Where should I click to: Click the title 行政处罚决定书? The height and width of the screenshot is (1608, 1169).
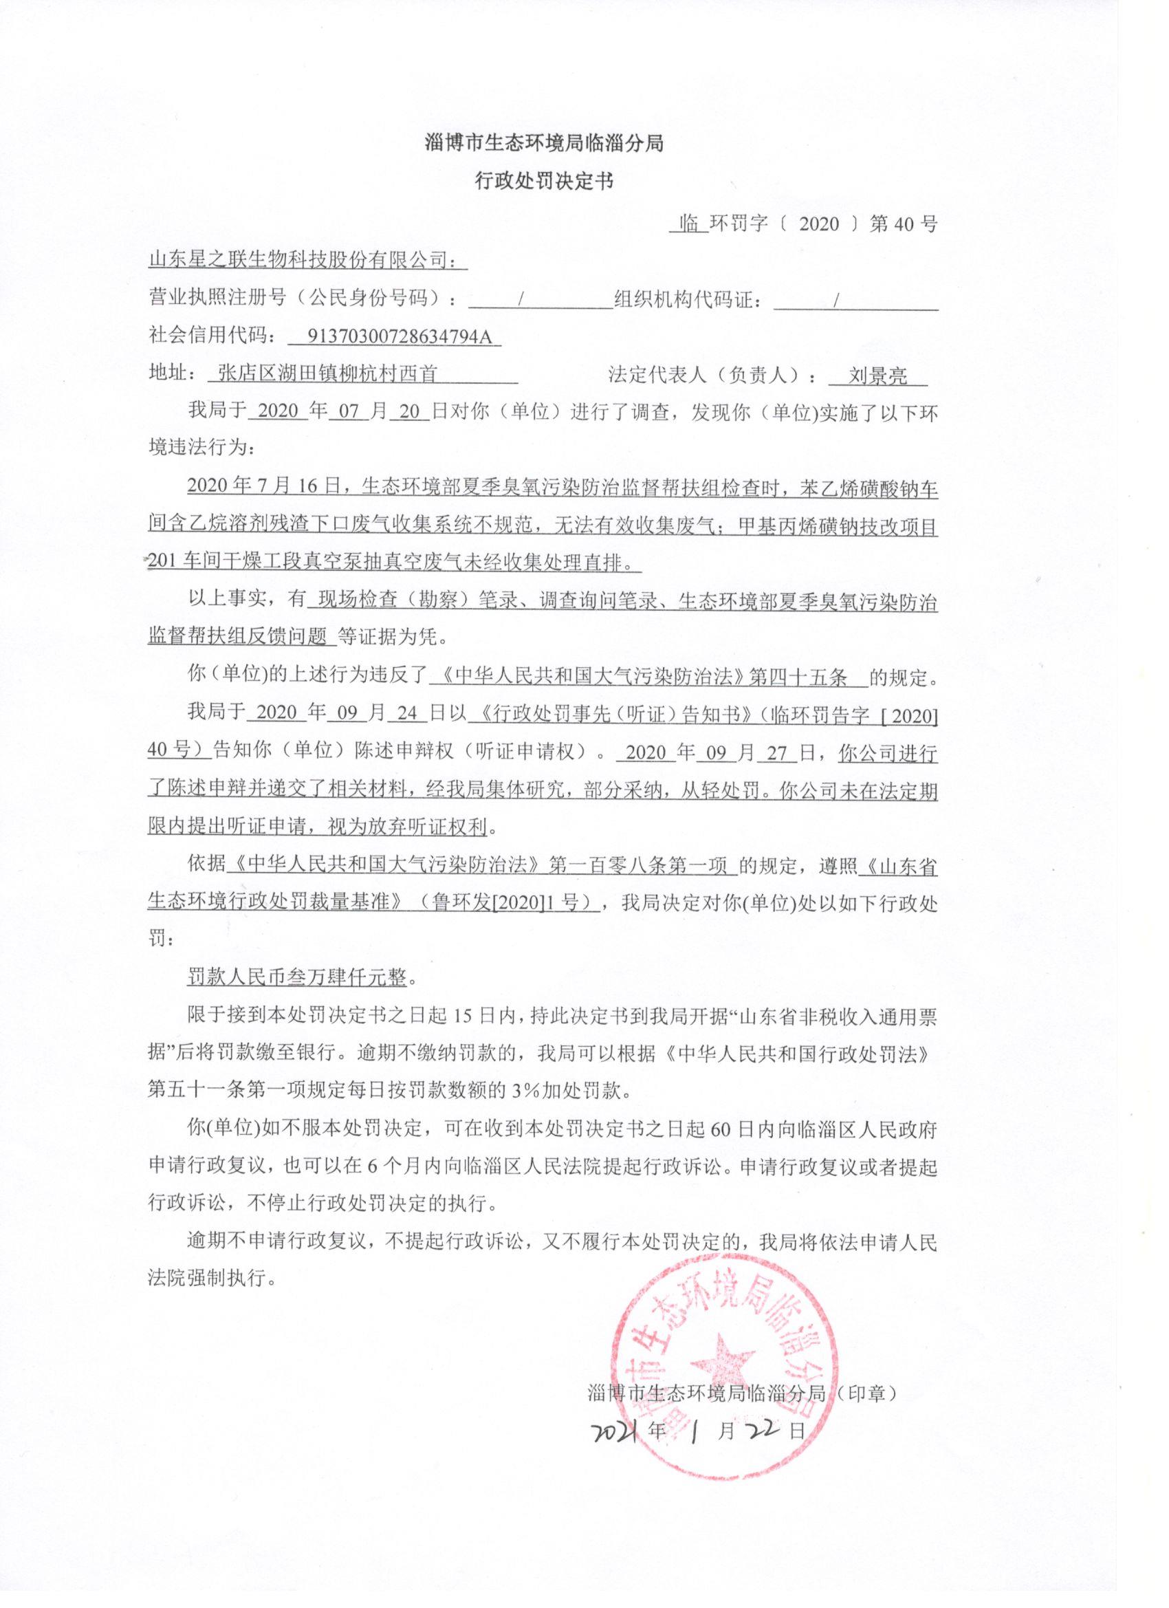click(544, 182)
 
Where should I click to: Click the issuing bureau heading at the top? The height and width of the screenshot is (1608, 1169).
click(544, 143)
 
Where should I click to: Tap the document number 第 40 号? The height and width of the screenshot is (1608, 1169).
click(903, 224)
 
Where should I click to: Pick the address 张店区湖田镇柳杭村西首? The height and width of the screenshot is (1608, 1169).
click(327, 373)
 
